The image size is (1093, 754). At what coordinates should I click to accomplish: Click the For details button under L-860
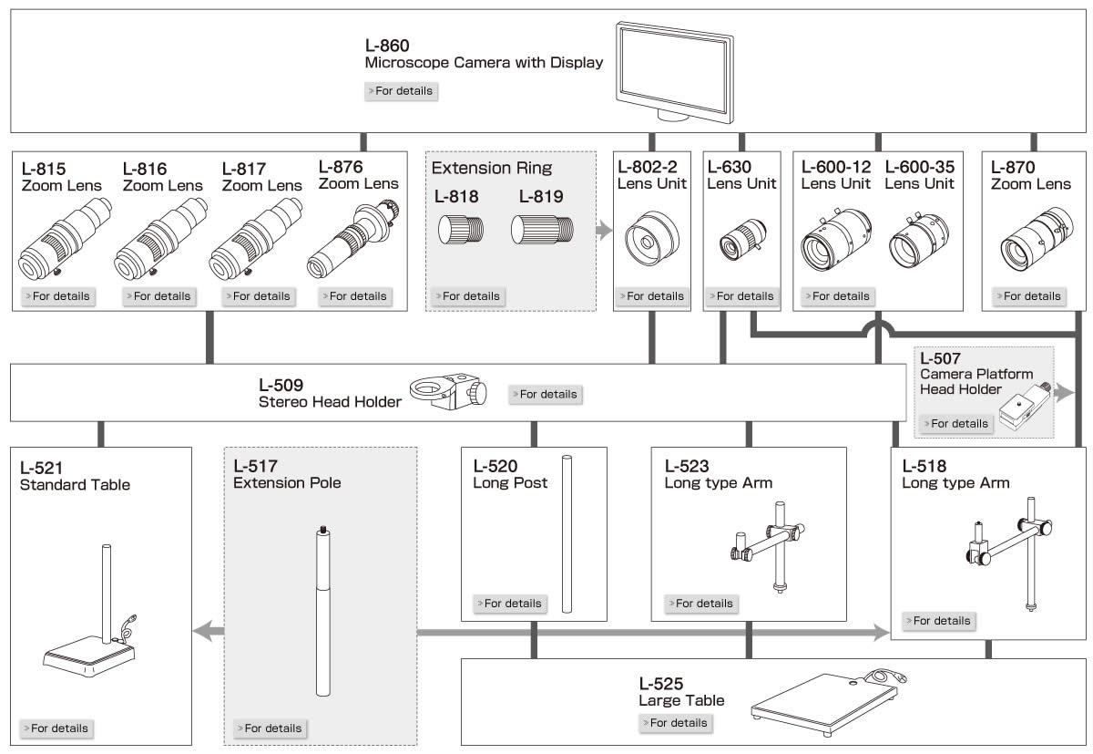coord(401,91)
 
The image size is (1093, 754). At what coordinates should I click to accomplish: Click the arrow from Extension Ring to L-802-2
coord(603,230)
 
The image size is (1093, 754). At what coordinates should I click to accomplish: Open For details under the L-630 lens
coord(741,296)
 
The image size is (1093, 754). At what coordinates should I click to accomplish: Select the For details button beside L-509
coord(544,395)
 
